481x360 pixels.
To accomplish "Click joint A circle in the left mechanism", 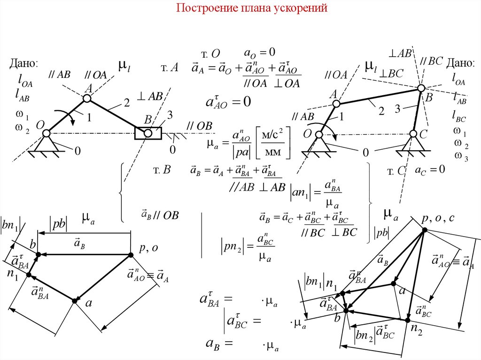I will [x=87, y=98].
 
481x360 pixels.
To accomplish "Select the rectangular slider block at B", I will [x=148, y=133].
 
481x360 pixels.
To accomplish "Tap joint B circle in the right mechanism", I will [x=421, y=88].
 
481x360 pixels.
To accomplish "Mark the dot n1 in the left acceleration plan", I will [x=28, y=275].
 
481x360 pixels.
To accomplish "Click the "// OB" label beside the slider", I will [x=199, y=126].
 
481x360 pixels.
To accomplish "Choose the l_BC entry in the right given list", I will [x=459, y=115].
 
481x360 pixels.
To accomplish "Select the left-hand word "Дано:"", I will [x=23, y=64].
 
